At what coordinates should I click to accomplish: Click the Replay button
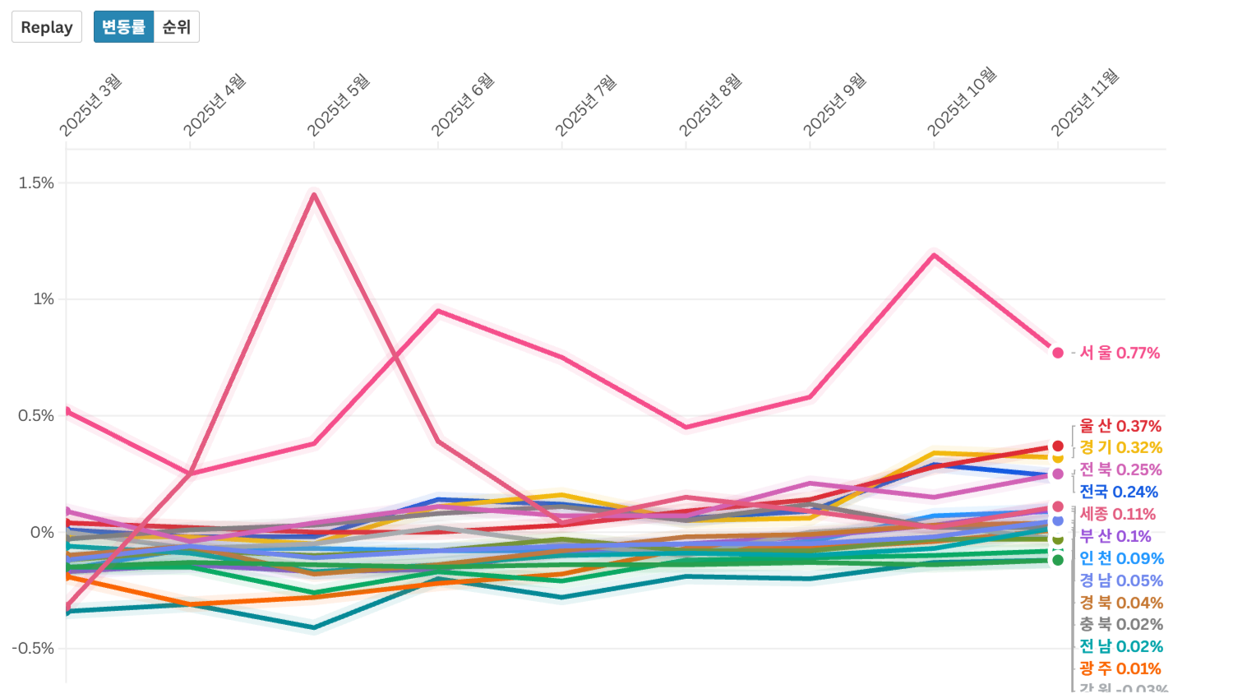[47, 27]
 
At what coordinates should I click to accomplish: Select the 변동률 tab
[123, 27]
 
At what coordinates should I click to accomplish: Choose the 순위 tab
[177, 27]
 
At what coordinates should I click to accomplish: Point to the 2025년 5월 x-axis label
[338, 105]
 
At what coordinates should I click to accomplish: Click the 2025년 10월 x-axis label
[961, 102]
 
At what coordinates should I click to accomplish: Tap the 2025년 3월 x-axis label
[90, 105]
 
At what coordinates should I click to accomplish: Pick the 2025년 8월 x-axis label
[710, 105]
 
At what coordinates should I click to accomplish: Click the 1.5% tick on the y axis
[37, 183]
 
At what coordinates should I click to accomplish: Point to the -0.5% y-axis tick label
[34, 648]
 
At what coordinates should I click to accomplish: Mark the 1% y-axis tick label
[44, 299]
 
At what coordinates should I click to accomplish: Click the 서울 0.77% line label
[1120, 353]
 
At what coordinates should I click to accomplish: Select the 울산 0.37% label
[1120, 426]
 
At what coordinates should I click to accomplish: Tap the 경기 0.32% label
[1120, 448]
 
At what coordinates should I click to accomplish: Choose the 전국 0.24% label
[1119, 492]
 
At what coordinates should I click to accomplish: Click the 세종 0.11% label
[1117, 514]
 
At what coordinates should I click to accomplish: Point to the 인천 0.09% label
[1121, 558]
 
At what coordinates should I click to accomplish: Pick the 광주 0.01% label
[1120, 669]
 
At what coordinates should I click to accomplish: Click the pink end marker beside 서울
[1058, 353]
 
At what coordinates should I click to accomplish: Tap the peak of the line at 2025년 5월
[314, 194]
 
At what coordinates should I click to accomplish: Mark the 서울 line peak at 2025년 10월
[934, 254]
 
